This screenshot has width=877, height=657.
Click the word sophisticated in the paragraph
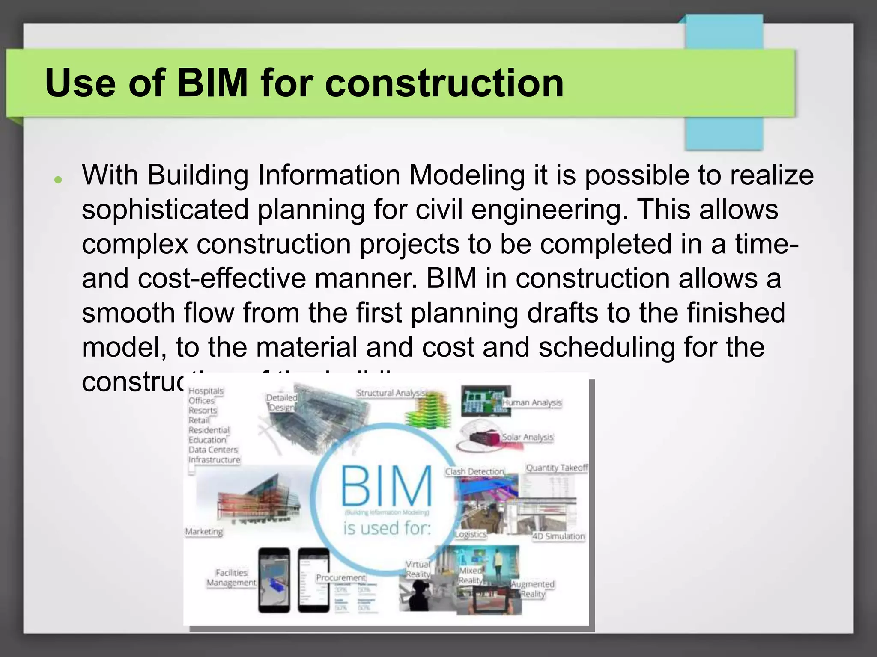coord(165,210)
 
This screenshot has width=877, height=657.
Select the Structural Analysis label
coord(391,393)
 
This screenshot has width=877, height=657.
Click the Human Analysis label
coord(531,402)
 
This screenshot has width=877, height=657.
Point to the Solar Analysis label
coord(527,437)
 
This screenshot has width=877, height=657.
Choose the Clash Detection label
coord(474,471)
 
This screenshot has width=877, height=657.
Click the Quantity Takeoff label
coord(556,468)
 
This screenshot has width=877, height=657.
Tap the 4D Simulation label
coord(558,536)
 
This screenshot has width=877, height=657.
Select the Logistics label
coord(470,534)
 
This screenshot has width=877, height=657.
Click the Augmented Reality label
coord(532,589)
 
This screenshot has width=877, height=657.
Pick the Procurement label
coord(341,578)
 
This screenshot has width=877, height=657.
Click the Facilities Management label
coord(231,577)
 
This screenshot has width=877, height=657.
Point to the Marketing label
coord(204,532)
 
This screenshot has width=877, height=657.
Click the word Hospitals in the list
coord(206,391)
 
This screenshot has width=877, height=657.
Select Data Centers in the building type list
coord(213,450)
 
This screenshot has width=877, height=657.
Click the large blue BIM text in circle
coord(386,487)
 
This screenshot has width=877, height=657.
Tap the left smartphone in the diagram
coord(274,580)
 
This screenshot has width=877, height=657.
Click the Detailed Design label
coord(281,402)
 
